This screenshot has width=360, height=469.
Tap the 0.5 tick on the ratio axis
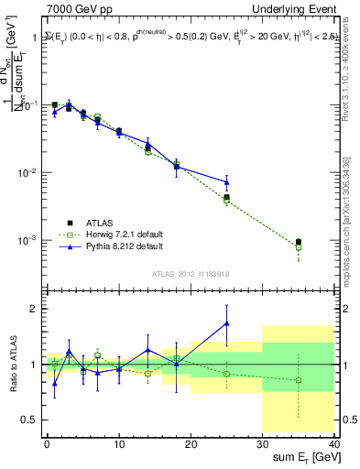tap(29, 420)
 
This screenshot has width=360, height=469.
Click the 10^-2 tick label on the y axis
tap(27, 173)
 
